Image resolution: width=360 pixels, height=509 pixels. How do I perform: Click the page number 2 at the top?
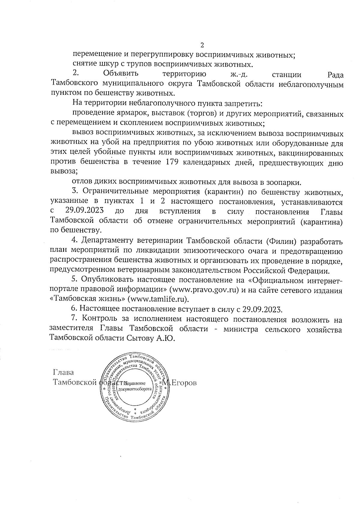point(202,45)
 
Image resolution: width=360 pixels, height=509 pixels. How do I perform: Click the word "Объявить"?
point(121,73)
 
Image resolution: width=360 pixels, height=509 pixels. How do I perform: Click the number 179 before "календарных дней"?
point(173,162)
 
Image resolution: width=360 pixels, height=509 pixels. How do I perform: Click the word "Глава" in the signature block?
point(63,373)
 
